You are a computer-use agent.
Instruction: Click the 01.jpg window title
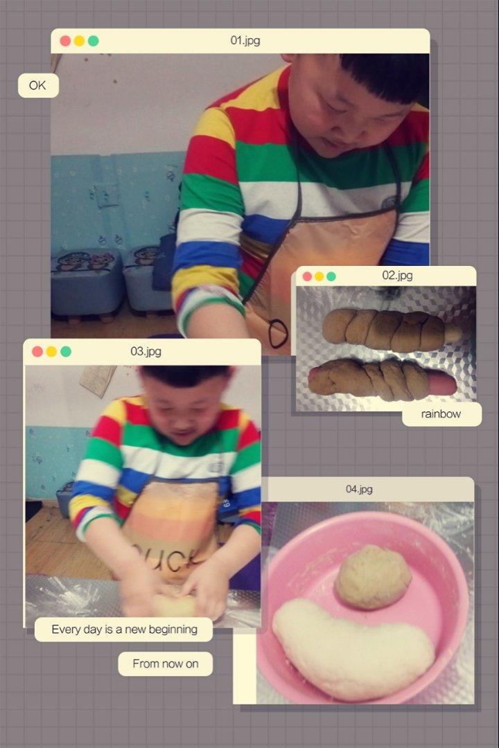pos(245,41)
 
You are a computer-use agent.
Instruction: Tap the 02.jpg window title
pos(397,275)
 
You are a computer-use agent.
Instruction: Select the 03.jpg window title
pos(146,352)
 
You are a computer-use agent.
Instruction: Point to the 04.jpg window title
pos(359,489)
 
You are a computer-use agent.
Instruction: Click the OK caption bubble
pos(38,85)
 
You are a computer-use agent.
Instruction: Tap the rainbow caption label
pos(441,414)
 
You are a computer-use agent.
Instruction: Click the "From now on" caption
pos(165,664)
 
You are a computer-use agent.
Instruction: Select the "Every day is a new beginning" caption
pos(124,629)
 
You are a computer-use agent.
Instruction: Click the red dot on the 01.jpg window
pos(65,41)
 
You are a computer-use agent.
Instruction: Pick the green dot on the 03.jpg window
pos(66,352)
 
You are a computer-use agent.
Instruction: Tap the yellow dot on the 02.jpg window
pos(319,276)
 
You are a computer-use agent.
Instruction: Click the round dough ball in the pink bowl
pos(373,577)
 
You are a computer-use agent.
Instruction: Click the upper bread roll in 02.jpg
pos(392,330)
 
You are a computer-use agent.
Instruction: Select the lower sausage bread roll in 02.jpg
pos(382,380)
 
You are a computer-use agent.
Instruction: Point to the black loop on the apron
pos(278,333)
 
